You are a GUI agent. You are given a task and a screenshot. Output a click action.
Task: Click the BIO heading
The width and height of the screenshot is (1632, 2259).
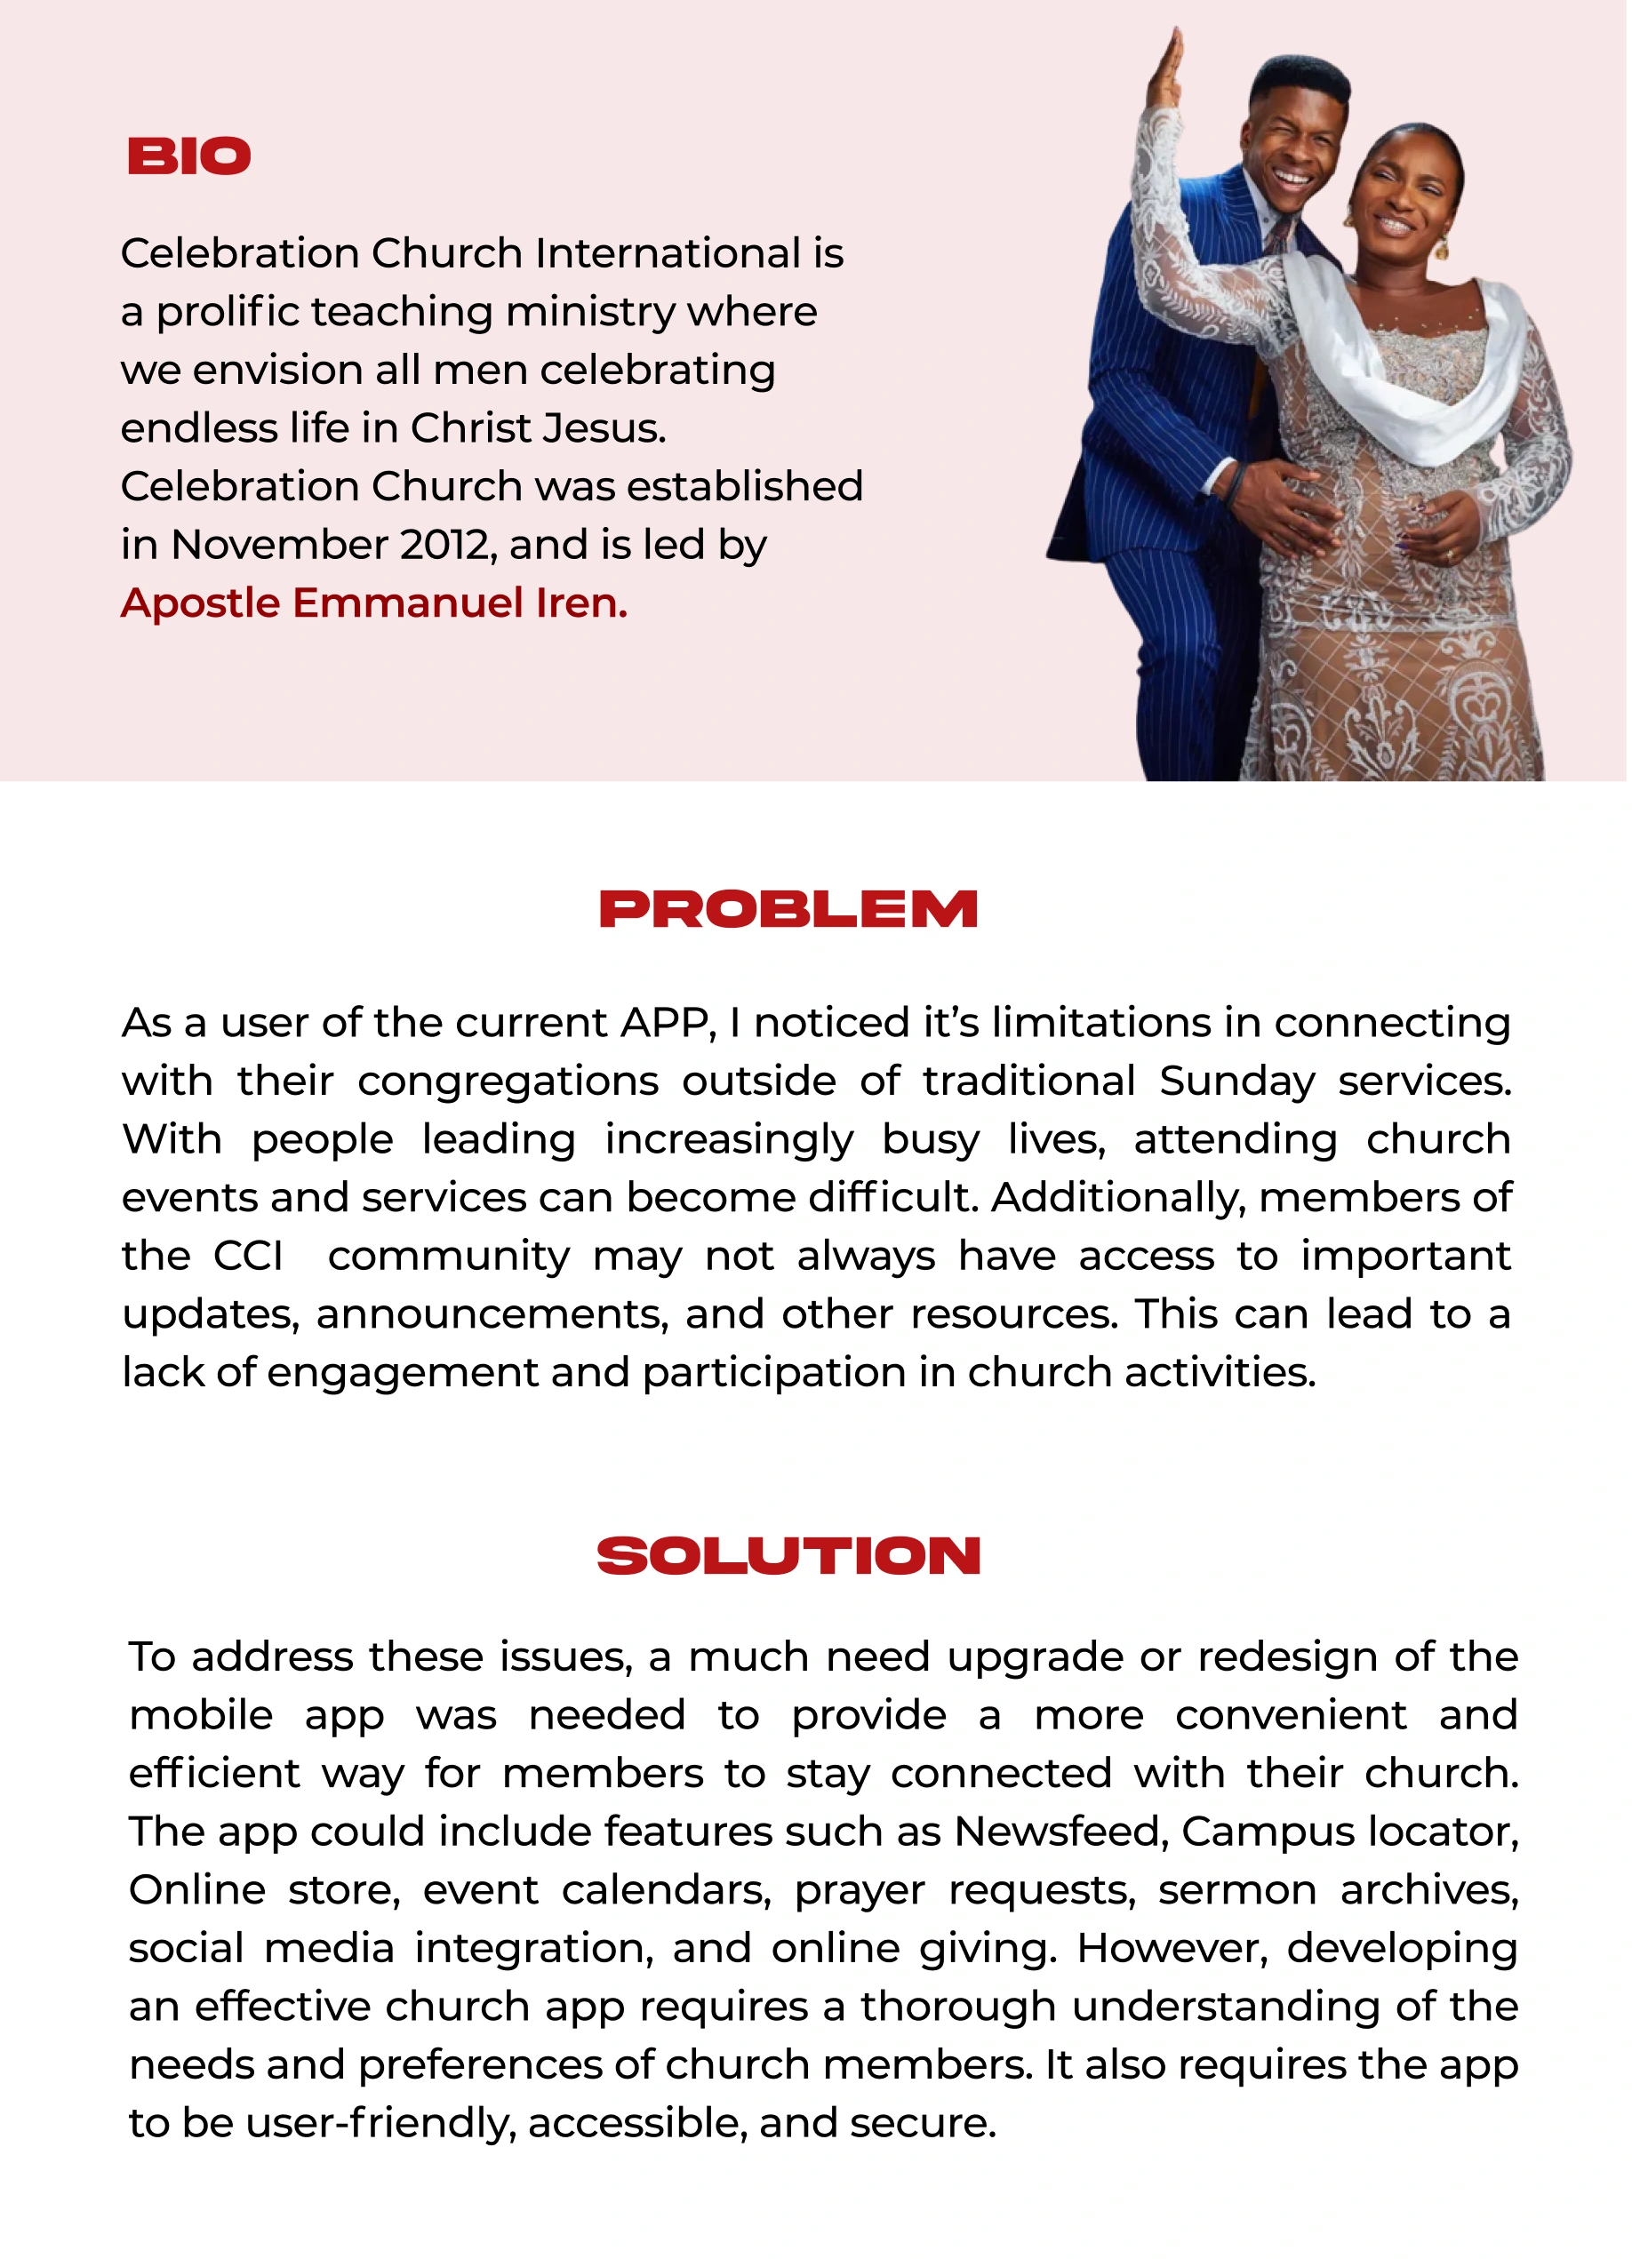[x=188, y=156]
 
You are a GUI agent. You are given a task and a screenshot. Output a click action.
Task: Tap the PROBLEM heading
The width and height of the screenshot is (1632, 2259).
[x=789, y=910]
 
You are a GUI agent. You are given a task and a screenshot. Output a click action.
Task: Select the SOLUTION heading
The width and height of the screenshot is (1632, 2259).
[x=789, y=1557]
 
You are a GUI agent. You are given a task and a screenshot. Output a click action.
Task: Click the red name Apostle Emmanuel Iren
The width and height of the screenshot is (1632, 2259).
[x=373, y=603]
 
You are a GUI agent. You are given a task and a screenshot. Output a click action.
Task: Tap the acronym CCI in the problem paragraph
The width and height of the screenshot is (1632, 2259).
[x=248, y=1256]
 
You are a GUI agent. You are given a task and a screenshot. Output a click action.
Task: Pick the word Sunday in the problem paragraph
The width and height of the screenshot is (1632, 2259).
[x=1236, y=1082]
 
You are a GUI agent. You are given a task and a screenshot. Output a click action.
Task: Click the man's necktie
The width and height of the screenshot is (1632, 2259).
[x=1277, y=239]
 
